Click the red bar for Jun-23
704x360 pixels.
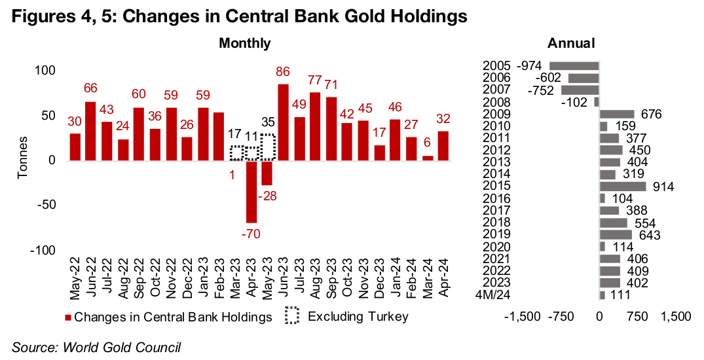pos(284,122)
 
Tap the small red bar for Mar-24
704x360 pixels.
pos(428,158)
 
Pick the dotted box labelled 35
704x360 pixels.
pos(268,147)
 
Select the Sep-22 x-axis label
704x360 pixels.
pos(139,278)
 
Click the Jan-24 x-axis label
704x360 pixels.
pos(396,278)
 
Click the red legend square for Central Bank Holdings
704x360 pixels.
pos(67,317)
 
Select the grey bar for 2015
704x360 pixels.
pos(623,187)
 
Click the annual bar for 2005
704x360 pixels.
pos(574,66)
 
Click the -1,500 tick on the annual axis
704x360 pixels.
pos(523,317)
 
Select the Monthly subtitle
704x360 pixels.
pos(245,43)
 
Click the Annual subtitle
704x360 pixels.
pos(571,43)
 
